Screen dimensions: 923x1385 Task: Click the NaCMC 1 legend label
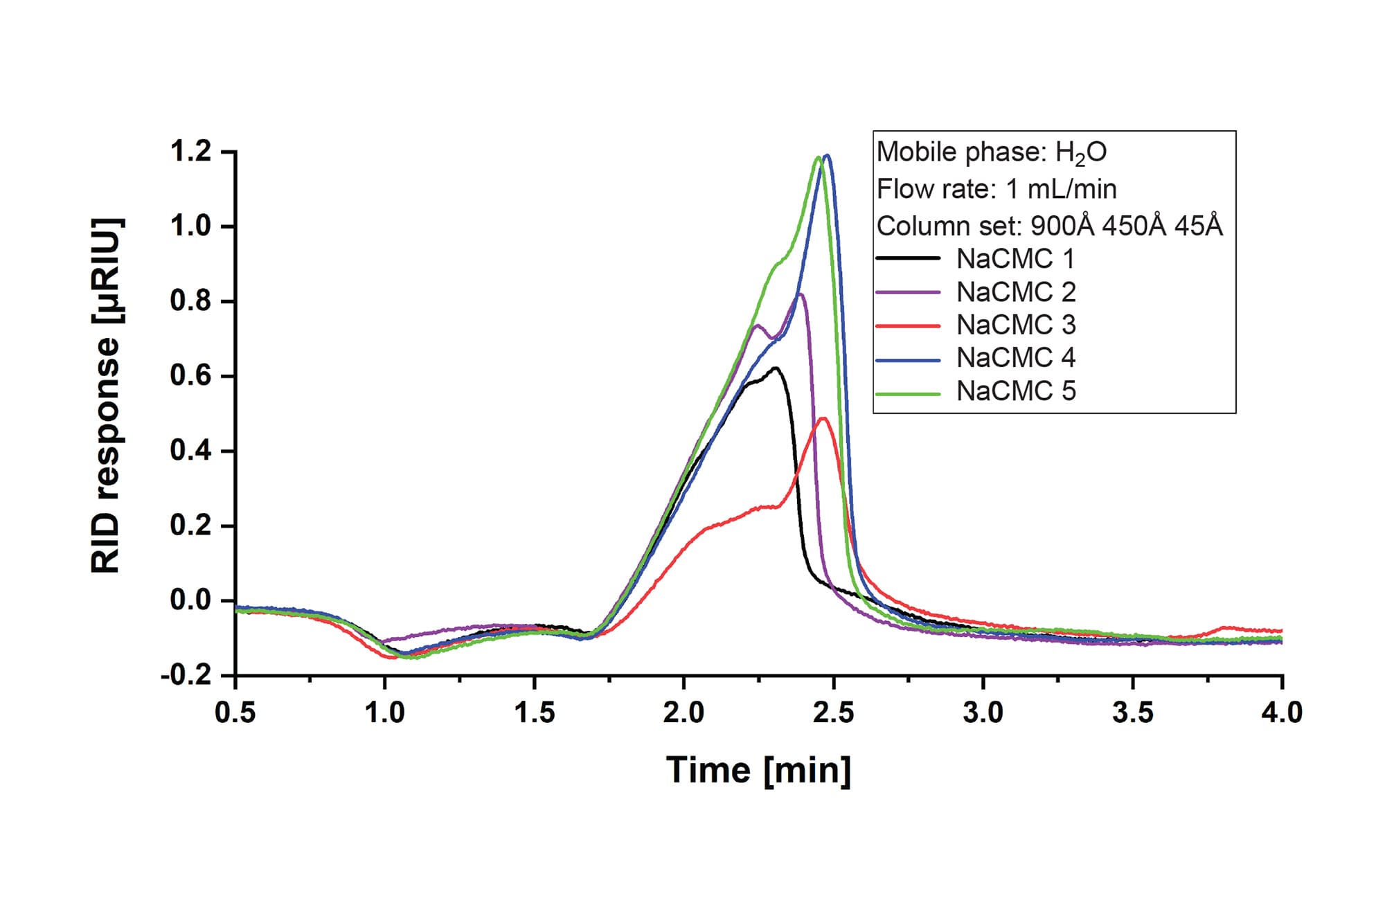[1015, 259]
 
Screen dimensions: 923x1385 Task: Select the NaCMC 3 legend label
[1016, 325]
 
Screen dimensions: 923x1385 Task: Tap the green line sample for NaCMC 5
[908, 393]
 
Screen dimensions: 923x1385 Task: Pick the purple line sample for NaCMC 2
[908, 293]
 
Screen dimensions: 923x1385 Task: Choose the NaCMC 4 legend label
[1016, 358]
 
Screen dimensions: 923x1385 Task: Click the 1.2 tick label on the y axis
[191, 152]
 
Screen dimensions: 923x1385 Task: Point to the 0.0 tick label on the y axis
[191, 600]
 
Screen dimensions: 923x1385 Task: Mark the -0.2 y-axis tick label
[186, 675]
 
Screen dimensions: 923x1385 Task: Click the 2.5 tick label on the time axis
[834, 713]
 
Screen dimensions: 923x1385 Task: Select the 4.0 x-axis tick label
[1282, 713]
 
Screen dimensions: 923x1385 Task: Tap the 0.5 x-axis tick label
[235, 713]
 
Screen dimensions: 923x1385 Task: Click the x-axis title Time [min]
[758, 770]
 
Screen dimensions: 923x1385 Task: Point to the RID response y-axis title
[107, 396]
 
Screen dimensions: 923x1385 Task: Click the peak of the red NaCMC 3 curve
[823, 418]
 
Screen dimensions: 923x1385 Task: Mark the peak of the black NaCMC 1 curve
[776, 368]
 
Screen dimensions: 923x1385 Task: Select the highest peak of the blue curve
[827, 156]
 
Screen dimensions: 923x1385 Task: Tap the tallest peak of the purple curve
[801, 294]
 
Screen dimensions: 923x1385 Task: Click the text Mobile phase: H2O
[992, 152]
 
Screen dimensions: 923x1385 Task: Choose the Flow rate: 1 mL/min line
[997, 189]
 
